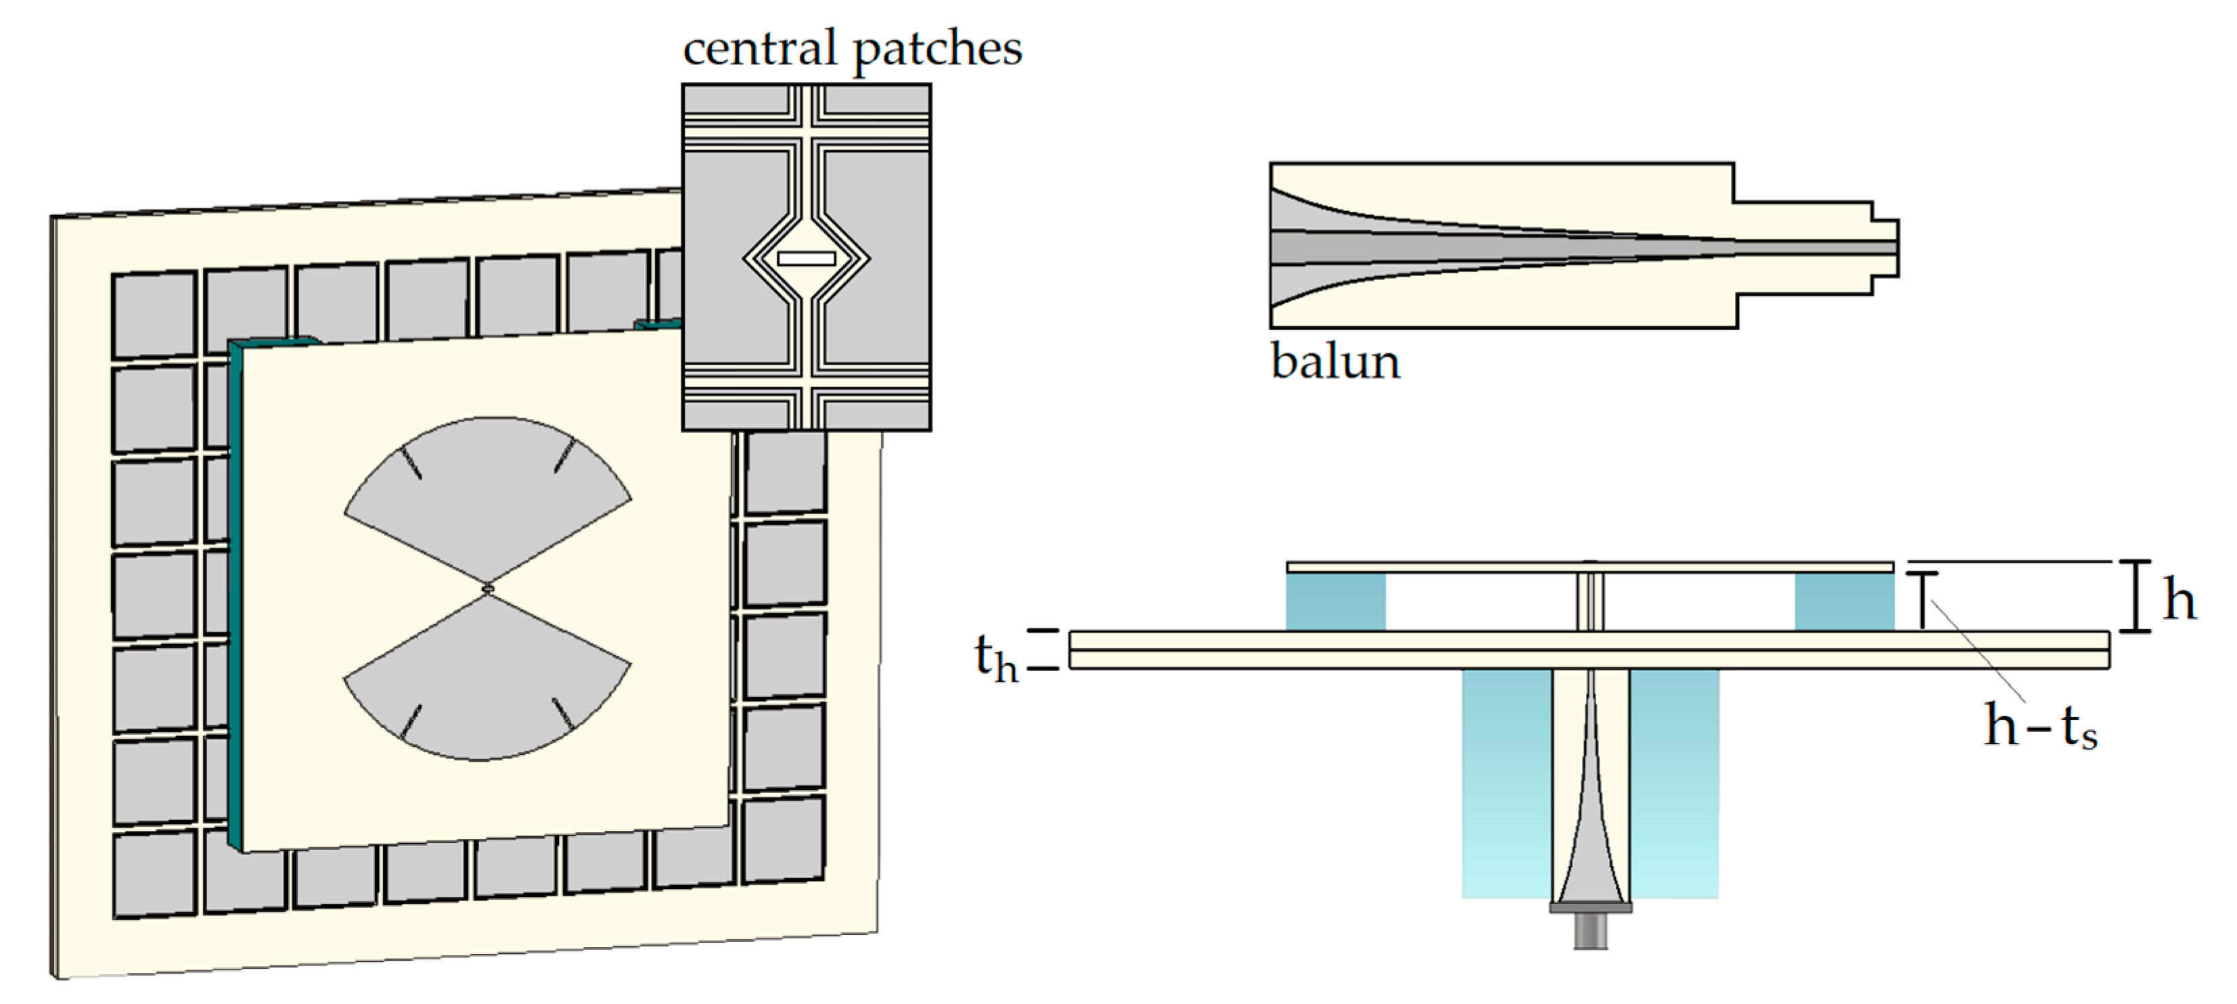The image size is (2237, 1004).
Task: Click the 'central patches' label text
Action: coord(852,49)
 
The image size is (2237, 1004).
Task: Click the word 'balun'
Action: coord(1335,361)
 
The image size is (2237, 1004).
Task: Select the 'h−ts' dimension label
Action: coord(2040,725)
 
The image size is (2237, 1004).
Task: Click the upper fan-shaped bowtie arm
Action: coord(487,495)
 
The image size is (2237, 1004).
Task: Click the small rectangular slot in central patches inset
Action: coord(806,258)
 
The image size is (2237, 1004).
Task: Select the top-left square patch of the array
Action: coord(154,313)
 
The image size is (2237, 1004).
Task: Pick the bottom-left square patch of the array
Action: coord(154,873)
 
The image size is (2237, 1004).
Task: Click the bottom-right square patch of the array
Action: coord(784,840)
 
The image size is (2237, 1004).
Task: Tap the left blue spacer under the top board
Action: coord(1336,601)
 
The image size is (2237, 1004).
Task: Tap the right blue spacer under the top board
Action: coord(1844,601)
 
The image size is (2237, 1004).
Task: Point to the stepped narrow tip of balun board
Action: coord(1884,248)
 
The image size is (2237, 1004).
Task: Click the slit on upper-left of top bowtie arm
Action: coord(411,462)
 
